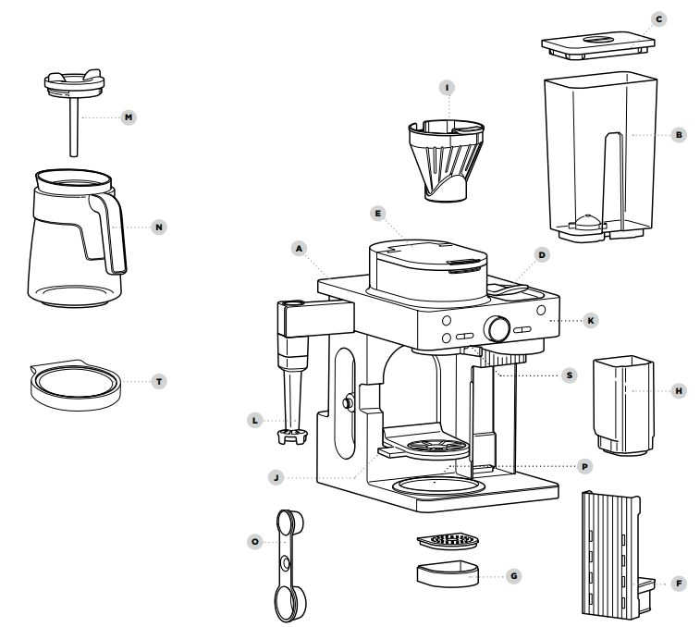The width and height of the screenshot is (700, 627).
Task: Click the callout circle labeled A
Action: point(298,248)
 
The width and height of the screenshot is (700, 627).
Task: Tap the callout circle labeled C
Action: point(657,18)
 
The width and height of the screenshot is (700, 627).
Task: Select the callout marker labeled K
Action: point(591,320)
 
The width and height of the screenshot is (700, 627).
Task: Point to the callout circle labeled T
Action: point(160,380)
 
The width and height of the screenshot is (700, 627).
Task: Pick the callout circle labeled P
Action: point(583,466)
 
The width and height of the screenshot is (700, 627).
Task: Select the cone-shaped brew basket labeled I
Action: point(446,157)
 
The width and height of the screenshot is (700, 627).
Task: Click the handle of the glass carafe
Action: point(109,231)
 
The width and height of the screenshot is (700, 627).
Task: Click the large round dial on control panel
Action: point(499,328)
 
